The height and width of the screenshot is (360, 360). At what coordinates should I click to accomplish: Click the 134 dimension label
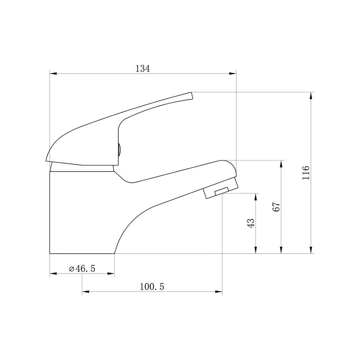click(x=143, y=69)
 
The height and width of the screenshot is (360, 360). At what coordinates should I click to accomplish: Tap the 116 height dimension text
click(x=306, y=172)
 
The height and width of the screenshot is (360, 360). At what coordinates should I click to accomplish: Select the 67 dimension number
click(x=277, y=207)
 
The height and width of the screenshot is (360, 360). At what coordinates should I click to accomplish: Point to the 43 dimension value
click(x=251, y=223)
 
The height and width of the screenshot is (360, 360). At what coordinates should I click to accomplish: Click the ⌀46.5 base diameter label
click(x=82, y=268)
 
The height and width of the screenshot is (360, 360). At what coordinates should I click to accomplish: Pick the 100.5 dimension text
click(x=152, y=287)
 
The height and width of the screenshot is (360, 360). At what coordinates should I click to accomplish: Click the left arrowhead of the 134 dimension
click(x=53, y=74)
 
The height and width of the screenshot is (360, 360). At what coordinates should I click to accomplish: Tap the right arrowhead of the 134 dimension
click(x=233, y=74)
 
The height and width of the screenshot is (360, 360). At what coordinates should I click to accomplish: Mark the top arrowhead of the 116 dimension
click(x=311, y=96)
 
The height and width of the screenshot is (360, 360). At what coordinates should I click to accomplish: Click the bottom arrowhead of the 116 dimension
click(x=311, y=250)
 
